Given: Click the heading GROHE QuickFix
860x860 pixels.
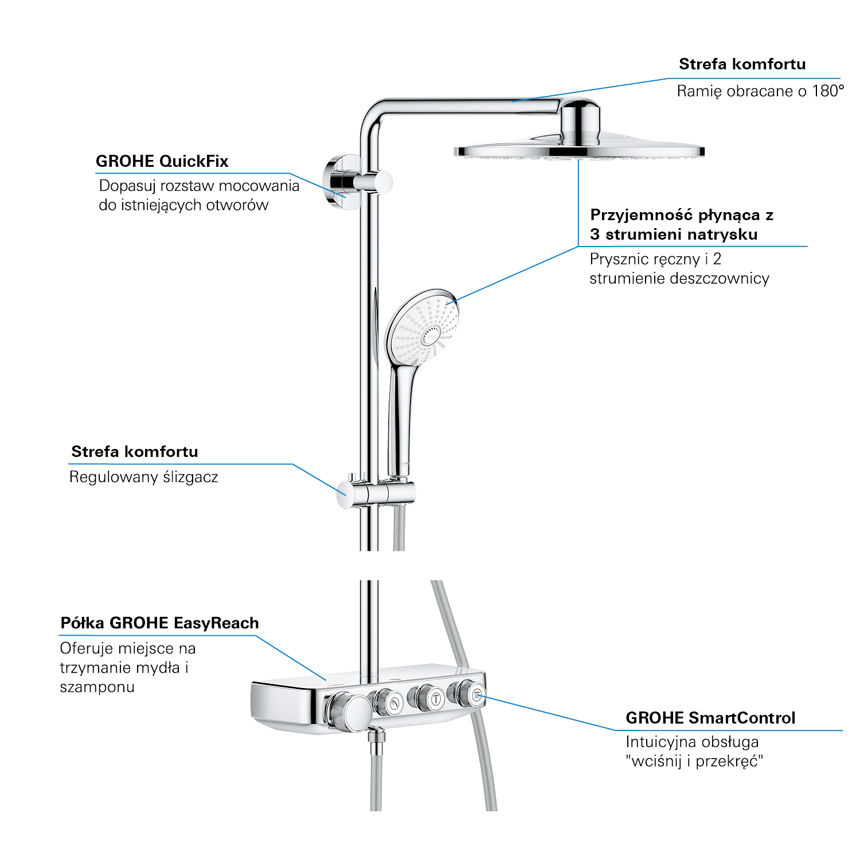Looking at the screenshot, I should (x=162, y=162).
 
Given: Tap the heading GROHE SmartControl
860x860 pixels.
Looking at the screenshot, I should (x=710, y=718).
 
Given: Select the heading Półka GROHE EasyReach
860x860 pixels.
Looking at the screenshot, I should (x=159, y=623).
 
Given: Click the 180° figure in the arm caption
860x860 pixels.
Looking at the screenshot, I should (x=827, y=91).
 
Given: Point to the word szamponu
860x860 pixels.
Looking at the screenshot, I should (x=97, y=687).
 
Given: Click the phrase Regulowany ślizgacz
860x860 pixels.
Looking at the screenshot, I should (x=143, y=477).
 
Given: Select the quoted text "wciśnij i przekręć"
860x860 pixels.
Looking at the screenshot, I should (x=694, y=761).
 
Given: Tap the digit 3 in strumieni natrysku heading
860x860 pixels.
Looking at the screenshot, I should (x=595, y=234).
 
